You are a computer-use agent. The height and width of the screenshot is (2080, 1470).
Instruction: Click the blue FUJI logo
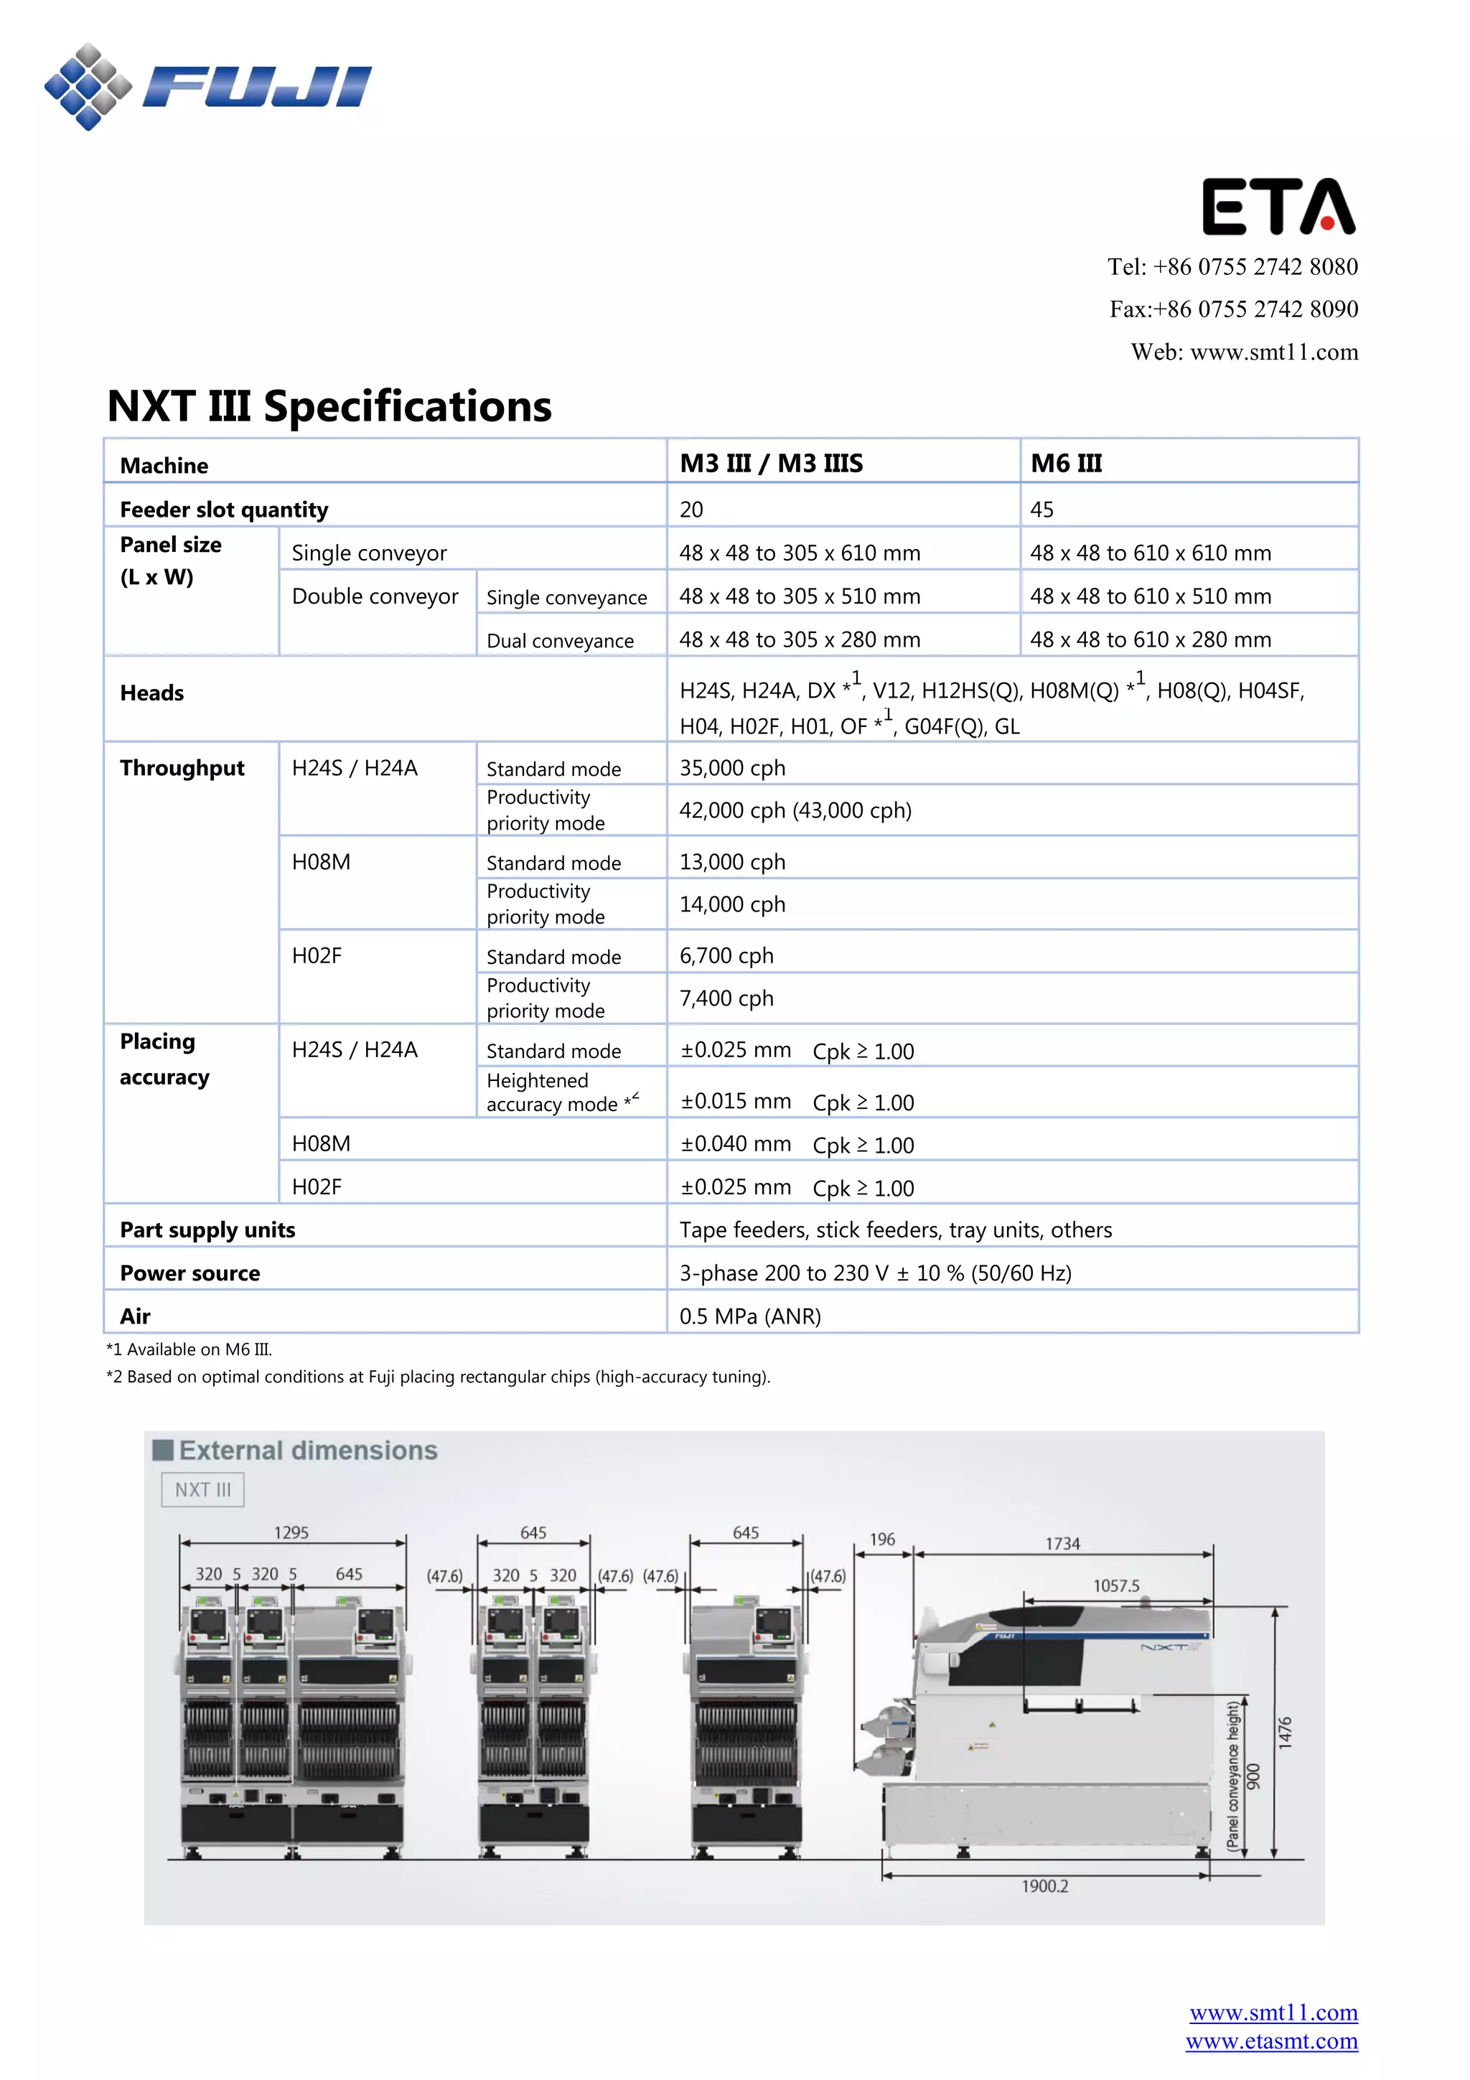coord(208,87)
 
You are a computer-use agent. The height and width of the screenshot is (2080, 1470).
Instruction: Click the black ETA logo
coord(1278,207)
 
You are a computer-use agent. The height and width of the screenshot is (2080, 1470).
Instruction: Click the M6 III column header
coord(1066,464)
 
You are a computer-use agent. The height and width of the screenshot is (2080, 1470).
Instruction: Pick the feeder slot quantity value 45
coord(1041,510)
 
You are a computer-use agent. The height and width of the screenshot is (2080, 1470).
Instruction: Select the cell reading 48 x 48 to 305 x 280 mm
coord(799,640)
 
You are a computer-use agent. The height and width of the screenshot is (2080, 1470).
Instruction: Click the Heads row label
coord(152,693)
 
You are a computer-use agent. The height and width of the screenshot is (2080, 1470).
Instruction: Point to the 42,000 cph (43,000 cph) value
coord(795,811)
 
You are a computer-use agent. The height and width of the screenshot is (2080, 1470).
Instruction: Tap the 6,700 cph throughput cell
coord(726,956)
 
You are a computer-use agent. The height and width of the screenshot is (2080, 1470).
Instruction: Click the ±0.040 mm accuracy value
coord(736,1144)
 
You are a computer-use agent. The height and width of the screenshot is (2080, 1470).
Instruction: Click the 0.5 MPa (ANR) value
coord(750,1316)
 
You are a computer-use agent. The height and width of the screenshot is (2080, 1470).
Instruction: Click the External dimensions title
coord(308,1451)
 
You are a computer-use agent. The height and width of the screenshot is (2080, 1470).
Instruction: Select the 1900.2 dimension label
coord(1044,1886)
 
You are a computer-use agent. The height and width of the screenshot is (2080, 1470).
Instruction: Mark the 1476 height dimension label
coord(1284,1732)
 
